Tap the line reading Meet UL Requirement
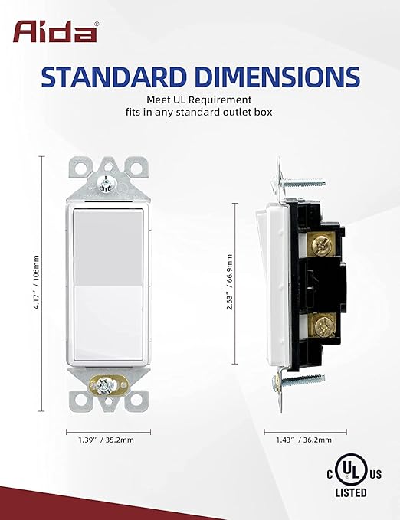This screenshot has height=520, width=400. click(x=199, y=99)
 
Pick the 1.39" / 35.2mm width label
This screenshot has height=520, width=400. click(x=104, y=440)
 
